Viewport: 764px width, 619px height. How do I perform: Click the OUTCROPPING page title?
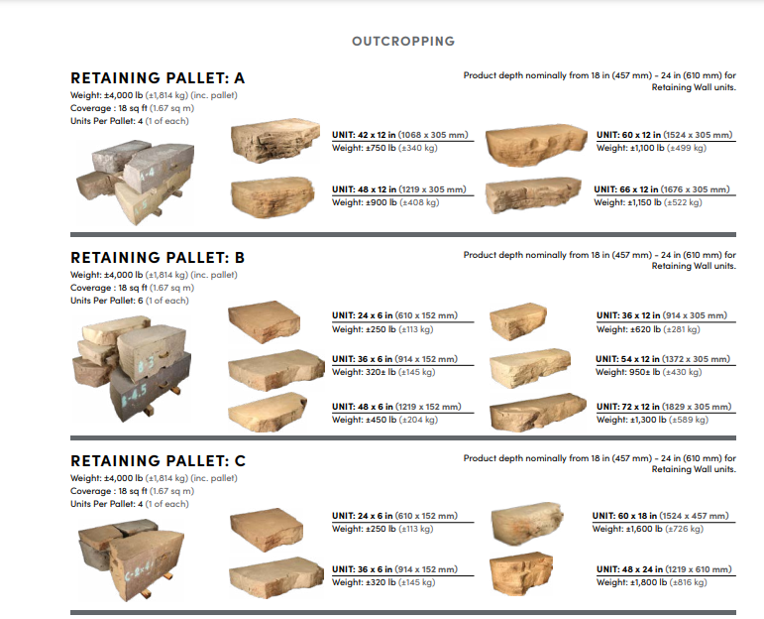403,42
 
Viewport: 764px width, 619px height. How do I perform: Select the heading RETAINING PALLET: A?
158,78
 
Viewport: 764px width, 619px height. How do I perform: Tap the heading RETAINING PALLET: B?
158,258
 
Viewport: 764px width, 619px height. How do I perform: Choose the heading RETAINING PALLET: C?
158,461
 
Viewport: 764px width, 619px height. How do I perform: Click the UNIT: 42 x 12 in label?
400,135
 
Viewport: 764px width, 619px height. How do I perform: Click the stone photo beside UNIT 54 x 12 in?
530,366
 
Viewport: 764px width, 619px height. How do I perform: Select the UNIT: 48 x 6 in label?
396,407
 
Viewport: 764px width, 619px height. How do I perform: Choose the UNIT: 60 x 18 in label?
660,516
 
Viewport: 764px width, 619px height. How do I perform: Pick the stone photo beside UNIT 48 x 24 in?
521,573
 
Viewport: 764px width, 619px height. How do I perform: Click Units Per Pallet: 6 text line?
129,301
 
